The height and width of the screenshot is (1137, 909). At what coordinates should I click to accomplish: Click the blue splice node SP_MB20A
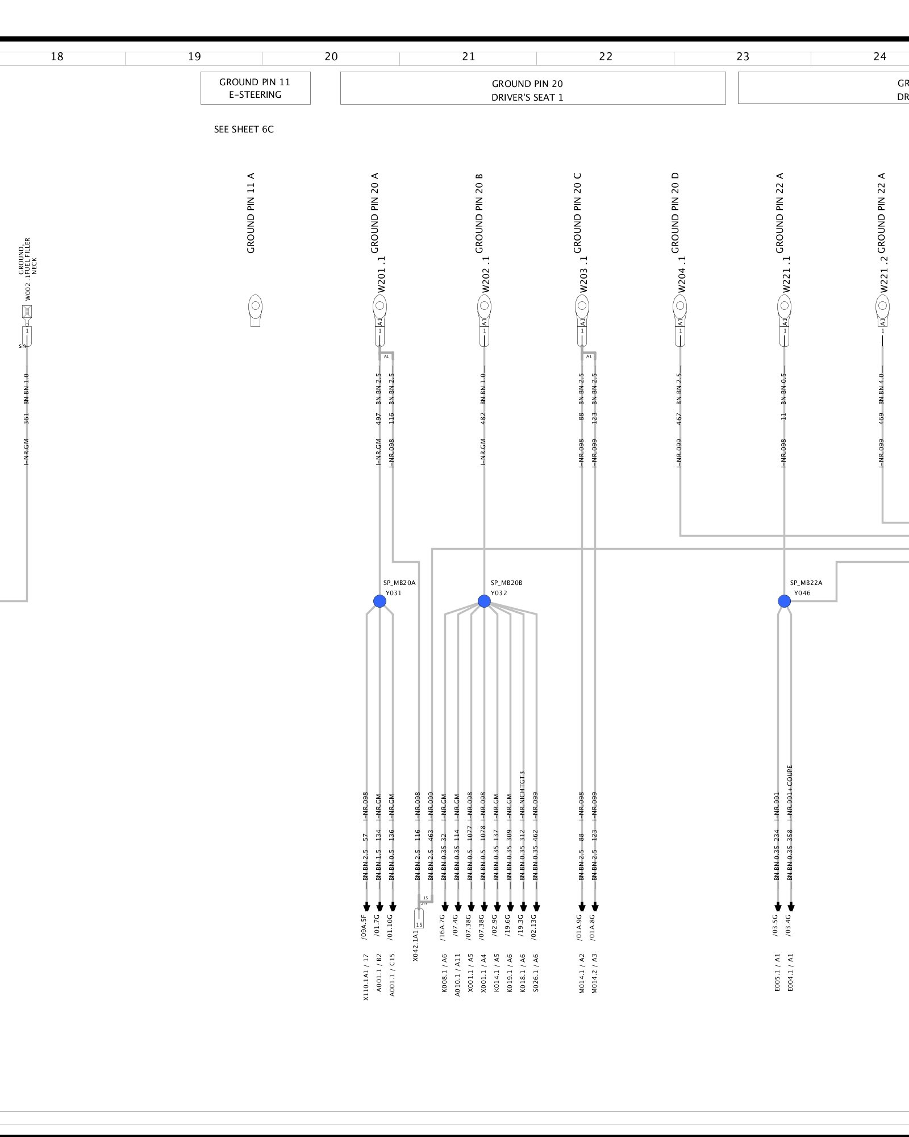[x=380, y=601]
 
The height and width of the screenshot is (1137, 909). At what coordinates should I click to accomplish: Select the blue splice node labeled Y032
[x=484, y=601]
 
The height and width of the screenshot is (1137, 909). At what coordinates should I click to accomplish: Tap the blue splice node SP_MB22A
[x=784, y=601]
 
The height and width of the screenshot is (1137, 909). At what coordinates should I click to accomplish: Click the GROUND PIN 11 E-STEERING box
[x=255, y=88]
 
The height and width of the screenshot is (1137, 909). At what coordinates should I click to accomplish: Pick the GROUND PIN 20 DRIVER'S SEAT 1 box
[x=532, y=88]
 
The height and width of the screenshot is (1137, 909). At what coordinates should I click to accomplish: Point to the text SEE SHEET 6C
[x=244, y=130]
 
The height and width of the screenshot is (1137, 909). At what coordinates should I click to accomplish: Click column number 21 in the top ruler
[x=468, y=57]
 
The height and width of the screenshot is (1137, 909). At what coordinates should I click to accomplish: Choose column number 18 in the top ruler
[x=57, y=57]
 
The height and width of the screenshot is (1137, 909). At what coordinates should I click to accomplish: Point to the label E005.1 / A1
[x=778, y=973]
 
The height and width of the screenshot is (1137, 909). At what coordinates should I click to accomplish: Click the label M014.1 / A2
[x=582, y=973]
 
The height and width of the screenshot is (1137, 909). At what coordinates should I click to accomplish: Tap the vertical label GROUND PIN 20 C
[x=578, y=213]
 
